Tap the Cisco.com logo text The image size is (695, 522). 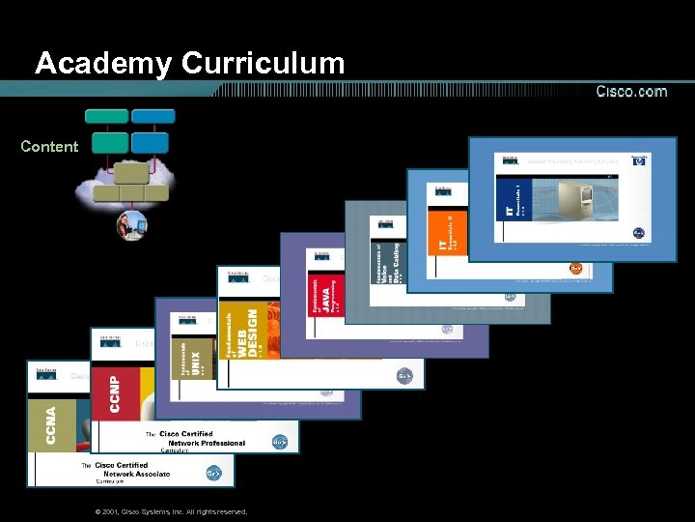[x=631, y=92]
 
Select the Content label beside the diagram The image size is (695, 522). [x=49, y=147]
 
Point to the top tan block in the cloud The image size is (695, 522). [x=132, y=173]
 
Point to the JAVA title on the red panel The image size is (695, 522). [x=327, y=295]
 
